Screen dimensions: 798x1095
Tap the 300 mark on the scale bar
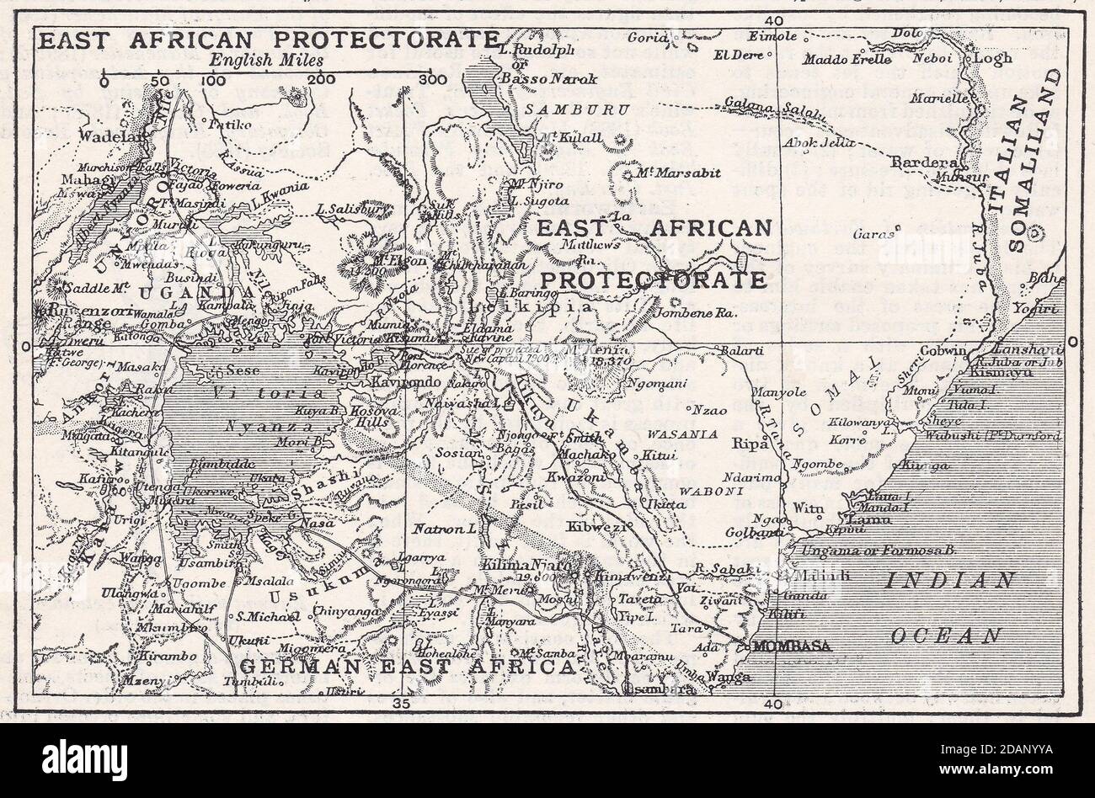(x=432, y=80)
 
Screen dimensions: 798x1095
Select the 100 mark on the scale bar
(x=213, y=80)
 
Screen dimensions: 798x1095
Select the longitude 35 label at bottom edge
(x=402, y=703)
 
